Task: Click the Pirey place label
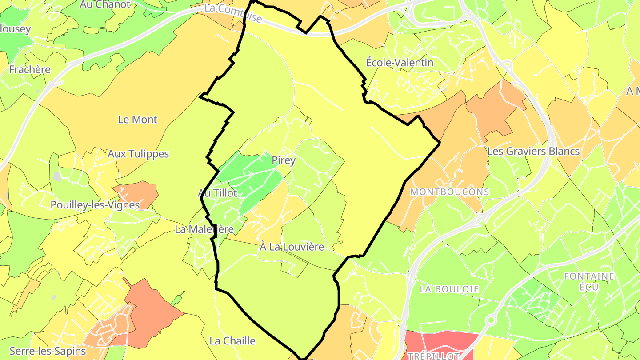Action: point(284,160)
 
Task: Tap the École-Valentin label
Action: point(399,63)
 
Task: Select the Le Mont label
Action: point(138,120)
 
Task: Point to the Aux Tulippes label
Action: point(138,154)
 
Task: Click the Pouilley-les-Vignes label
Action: point(95,205)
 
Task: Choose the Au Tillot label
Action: point(217,193)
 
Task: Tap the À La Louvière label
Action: point(292,247)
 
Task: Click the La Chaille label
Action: point(232,341)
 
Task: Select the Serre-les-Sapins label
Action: point(48,351)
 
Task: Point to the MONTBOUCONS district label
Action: point(450,192)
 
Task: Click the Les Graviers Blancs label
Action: point(533,151)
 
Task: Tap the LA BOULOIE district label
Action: point(449,289)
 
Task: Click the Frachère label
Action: point(30,70)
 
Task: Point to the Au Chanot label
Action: point(105,5)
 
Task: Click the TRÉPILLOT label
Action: point(433,356)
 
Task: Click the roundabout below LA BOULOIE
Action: point(491,320)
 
